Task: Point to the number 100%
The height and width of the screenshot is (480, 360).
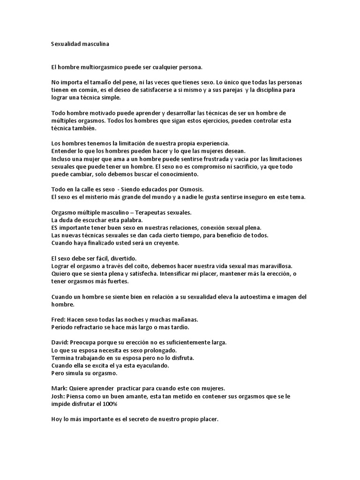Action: click(122, 404)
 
